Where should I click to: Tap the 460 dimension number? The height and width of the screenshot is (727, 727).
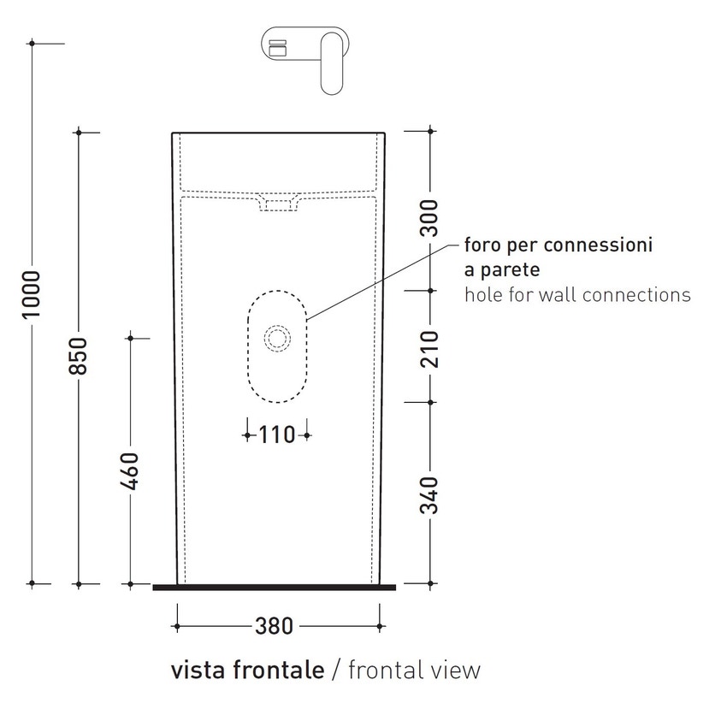click(130, 470)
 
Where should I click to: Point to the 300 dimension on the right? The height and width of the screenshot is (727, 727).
click(429, 218)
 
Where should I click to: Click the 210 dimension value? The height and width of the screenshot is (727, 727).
click(429, 347)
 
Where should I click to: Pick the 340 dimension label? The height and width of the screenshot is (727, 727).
click(429, 495)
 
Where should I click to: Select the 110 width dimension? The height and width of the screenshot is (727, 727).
click(277, 435)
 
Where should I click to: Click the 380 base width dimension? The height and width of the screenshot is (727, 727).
click(275, 627)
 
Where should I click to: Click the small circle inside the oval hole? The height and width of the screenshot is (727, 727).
click(277, 339)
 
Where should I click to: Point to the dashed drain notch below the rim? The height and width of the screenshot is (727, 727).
click(277, 204)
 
